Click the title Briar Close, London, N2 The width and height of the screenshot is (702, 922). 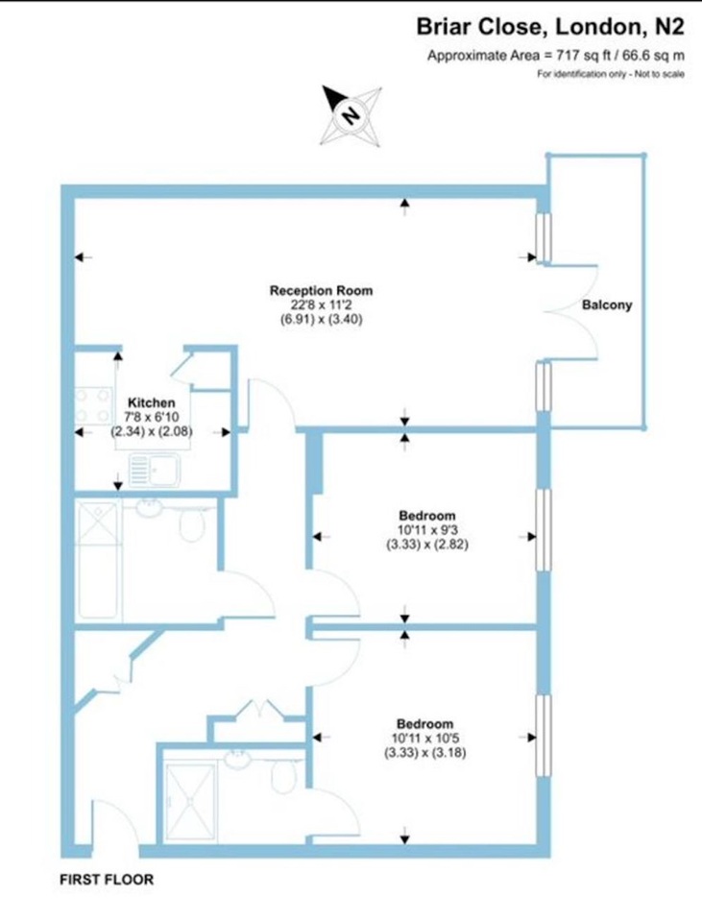pyautogui.click(x=550, y=27)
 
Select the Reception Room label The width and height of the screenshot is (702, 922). pyautogui.click(x=321, y=290)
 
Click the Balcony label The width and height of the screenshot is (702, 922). pyautogui.click(x=607, y=304)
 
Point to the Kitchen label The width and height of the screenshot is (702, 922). pyautogui.click(x=151, y=402)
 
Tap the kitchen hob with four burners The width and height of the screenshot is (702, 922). pyautogui.click(x=94, y=405)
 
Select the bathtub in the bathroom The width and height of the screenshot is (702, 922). pyautogui.click(x=98, y=560)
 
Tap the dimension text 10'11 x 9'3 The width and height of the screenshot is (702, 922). pyautogui.click(x=426, y=530)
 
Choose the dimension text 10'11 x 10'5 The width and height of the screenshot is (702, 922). pyautogui.click(x=425, y=738)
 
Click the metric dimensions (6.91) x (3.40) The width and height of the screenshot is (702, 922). pyautogui.click(x=321, y=319)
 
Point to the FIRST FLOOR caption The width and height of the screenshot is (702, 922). pyautogui.click(x=107, y=880)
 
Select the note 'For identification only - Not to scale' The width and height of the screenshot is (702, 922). pyautogui.click(x=611, y=74)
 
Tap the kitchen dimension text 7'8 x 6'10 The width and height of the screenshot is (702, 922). pyautogui.click(x=151, y=417)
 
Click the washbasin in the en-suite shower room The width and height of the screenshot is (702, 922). pyautogui.click(x=237, y=758)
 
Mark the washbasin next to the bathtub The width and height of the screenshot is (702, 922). pyautogui.click(x=150, y=507)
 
